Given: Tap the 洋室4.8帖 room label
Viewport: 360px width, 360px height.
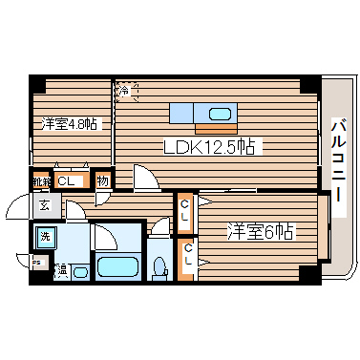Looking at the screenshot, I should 67,124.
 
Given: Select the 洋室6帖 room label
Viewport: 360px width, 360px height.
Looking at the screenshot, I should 260,230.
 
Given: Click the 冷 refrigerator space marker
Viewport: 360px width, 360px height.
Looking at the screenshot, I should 125,91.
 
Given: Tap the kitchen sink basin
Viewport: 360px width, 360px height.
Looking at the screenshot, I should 220,115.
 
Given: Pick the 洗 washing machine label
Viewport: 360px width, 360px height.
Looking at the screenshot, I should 45,236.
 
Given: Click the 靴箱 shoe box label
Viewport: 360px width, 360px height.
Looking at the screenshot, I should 41,180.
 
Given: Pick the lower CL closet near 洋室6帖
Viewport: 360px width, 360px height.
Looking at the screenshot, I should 188,256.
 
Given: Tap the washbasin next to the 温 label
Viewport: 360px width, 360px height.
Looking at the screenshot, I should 80,272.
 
